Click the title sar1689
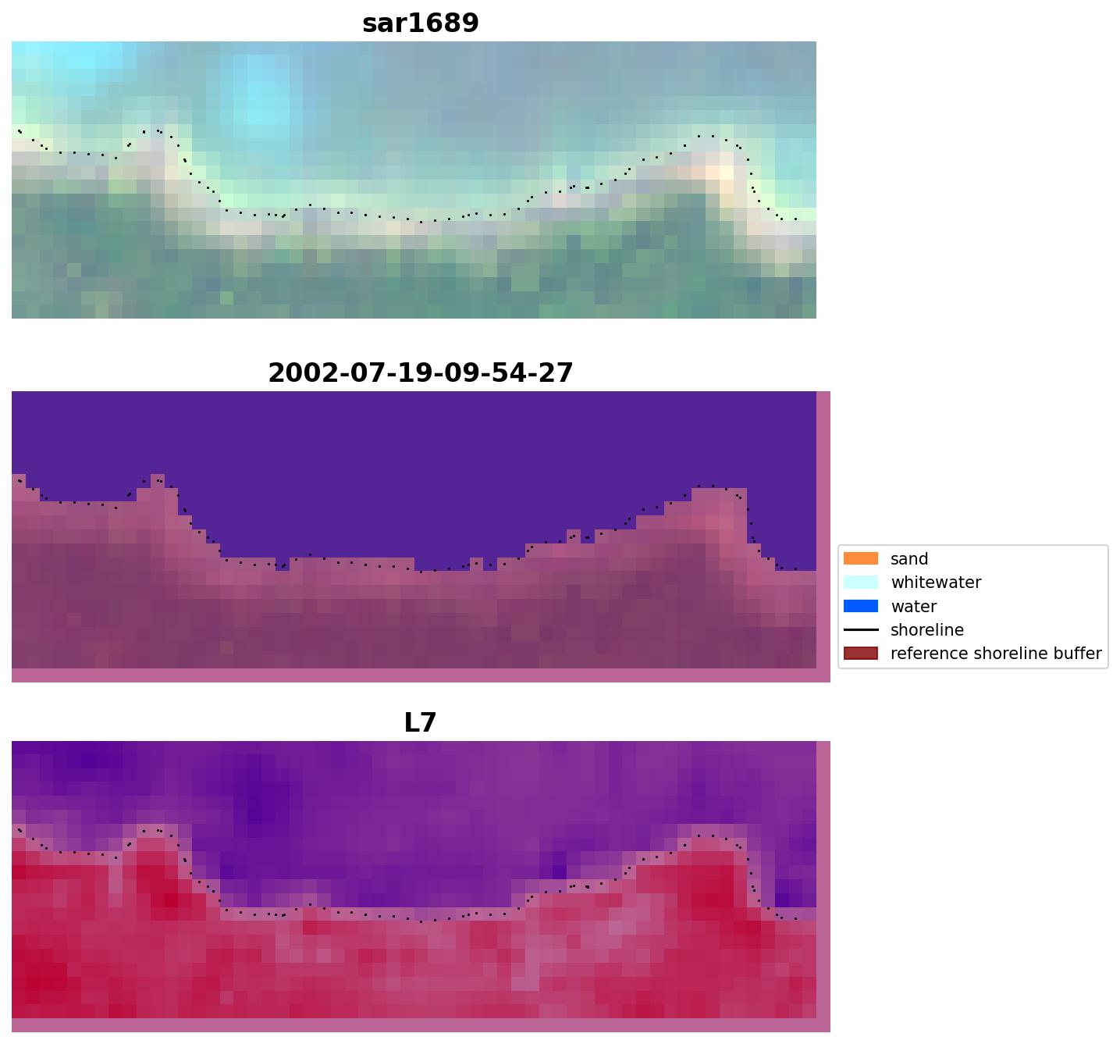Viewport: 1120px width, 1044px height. pyautogui.click(x=420, y=23)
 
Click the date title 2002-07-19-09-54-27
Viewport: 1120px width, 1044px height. pyautogui.click(x=420, y=373)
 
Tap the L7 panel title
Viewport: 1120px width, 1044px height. pyautogui.click(x=420, y=723)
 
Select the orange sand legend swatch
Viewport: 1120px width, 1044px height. pyautogui.click(x=860, y=559)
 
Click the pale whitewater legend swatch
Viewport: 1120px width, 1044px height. pyautogui.click(x=860, y=583)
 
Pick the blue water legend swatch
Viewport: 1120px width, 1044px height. pyautogui.click(x=860, y=606)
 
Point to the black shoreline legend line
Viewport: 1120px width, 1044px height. pyautogui.click(x=860, y=630)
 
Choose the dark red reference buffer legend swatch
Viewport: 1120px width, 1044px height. pyautogui.click(x=860, y=654)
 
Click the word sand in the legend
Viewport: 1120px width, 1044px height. pyautogui.click(x=909, y=559)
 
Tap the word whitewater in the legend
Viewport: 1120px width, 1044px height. pyautogui.click(x=936, y=583)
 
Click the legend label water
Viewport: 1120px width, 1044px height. pyautogui.click(x=913, y=607)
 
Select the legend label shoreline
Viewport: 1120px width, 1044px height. pyautogui.click(x=926, y=630)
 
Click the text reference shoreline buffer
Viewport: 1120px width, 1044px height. pyautogui.click(x=996, y=654)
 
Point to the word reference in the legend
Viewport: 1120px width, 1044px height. pyautogui.click(x=926, y=654)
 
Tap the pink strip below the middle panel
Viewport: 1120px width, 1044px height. pyautogui.click(x=420, y=675)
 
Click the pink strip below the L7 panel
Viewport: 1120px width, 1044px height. pyautogui.click(x=420, y=1025)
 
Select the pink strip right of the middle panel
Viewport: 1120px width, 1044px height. pyautogui.click(x=823, y=531)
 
